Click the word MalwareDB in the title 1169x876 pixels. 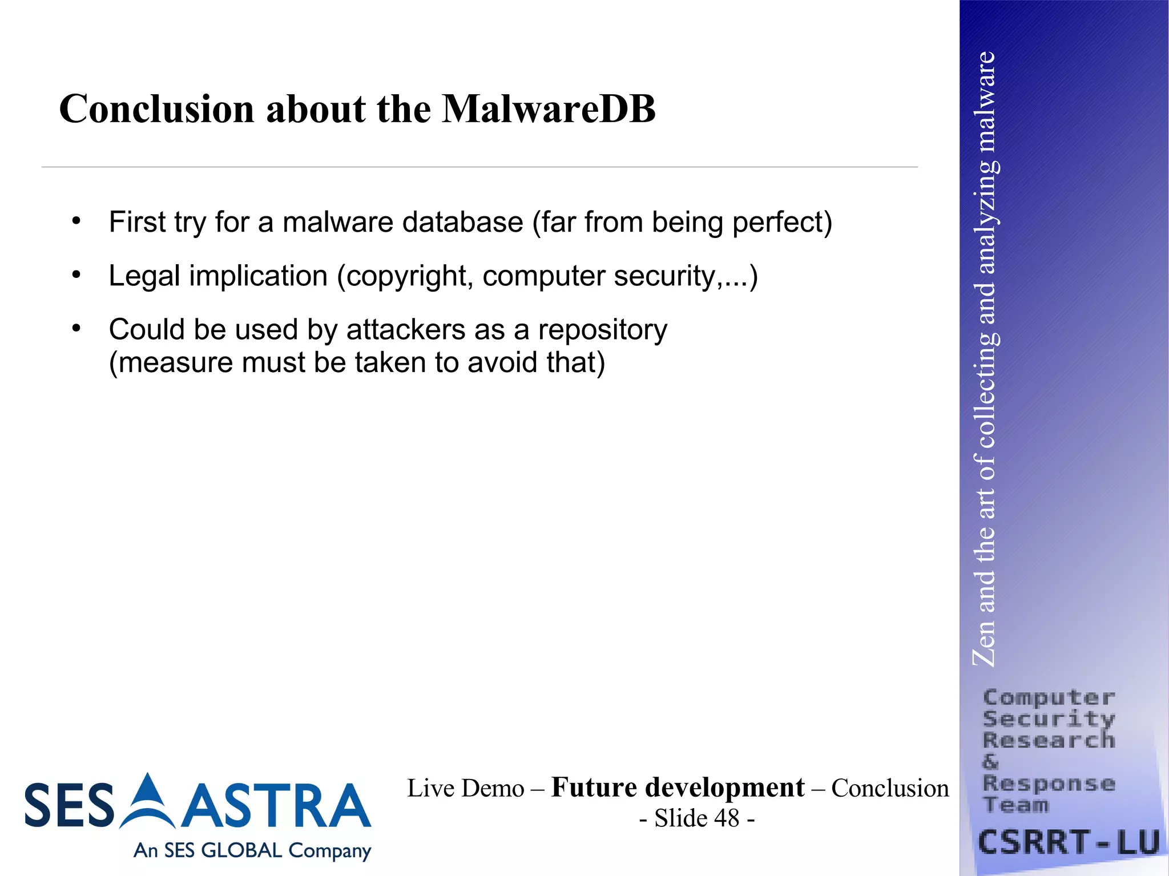549,108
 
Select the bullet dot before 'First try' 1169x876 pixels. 76,220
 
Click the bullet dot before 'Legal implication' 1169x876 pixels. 76,274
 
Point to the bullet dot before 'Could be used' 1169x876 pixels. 76,328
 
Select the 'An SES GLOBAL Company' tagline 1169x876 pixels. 252,850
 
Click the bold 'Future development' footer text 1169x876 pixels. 678,788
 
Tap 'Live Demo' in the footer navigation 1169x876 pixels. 465,789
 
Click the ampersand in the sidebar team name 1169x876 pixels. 991,762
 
